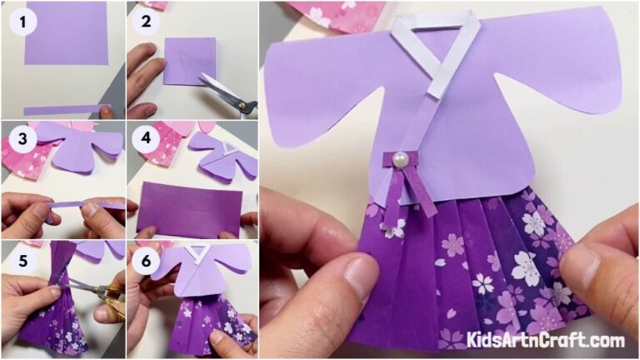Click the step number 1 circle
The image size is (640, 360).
click(17, 21)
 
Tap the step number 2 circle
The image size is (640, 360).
click(145, 21)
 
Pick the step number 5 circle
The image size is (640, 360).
click(17, 257)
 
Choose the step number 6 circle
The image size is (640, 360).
click(145, 257)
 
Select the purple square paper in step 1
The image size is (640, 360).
click(66, 33)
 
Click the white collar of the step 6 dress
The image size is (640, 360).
click(197, 253)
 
